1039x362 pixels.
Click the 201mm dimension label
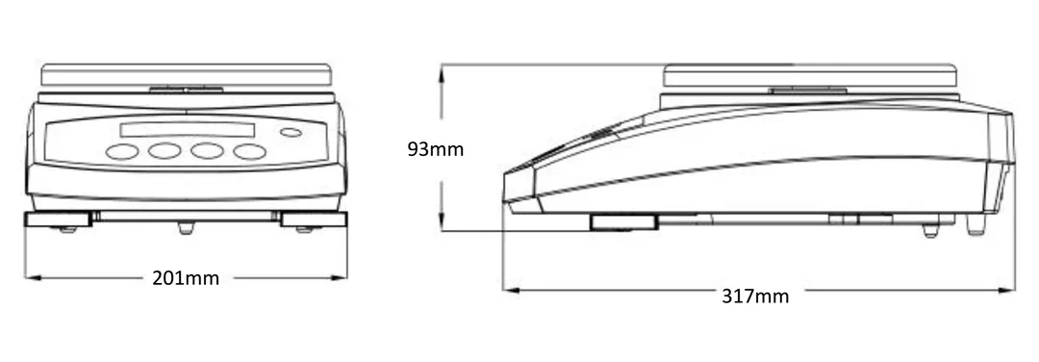[x=186, y=278]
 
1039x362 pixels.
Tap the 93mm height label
[x=436, y=149]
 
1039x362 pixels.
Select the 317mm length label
[x=755, y=296]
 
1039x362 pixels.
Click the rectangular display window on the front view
[x=187, y=130]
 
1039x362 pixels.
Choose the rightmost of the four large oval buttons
[x=250, y=152]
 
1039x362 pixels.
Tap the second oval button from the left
[x=165, y=151]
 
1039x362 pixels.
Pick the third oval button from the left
[x=208, y=151]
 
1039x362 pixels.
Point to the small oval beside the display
[x=291, y=133]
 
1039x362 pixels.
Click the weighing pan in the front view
[x=187, y=74]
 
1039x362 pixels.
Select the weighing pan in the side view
[x=810, y=76]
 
